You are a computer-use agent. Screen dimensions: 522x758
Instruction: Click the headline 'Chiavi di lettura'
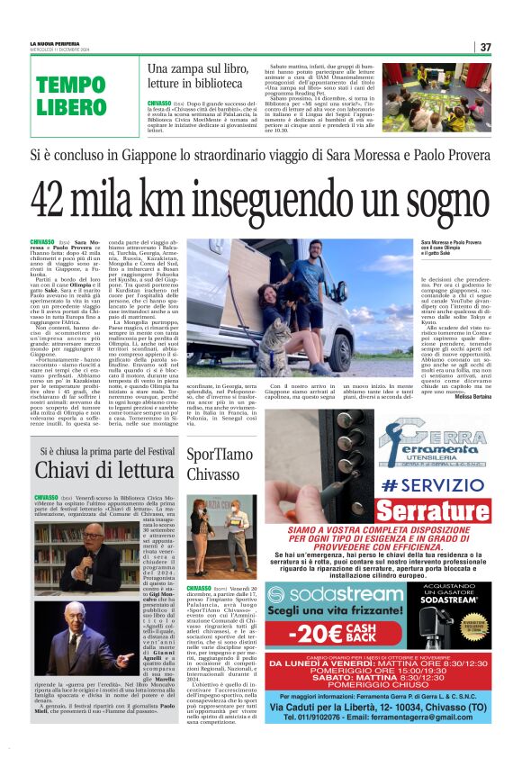point(100,469)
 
